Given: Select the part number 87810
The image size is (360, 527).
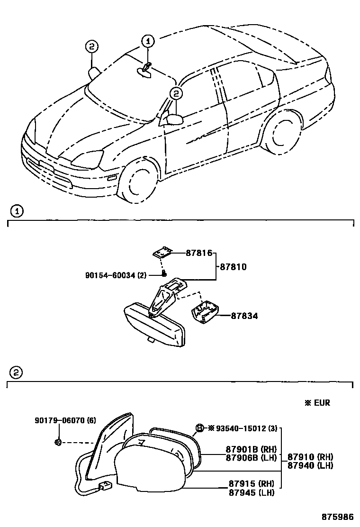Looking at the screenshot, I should [234, 267].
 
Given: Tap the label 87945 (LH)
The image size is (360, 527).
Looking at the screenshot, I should [251, 493].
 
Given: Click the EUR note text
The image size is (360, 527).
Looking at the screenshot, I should [317, 403].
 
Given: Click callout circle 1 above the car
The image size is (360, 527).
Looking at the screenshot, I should [147, 42].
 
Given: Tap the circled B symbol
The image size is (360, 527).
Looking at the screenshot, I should [200, 428].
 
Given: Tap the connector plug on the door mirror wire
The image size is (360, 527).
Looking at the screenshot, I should [104, 486].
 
